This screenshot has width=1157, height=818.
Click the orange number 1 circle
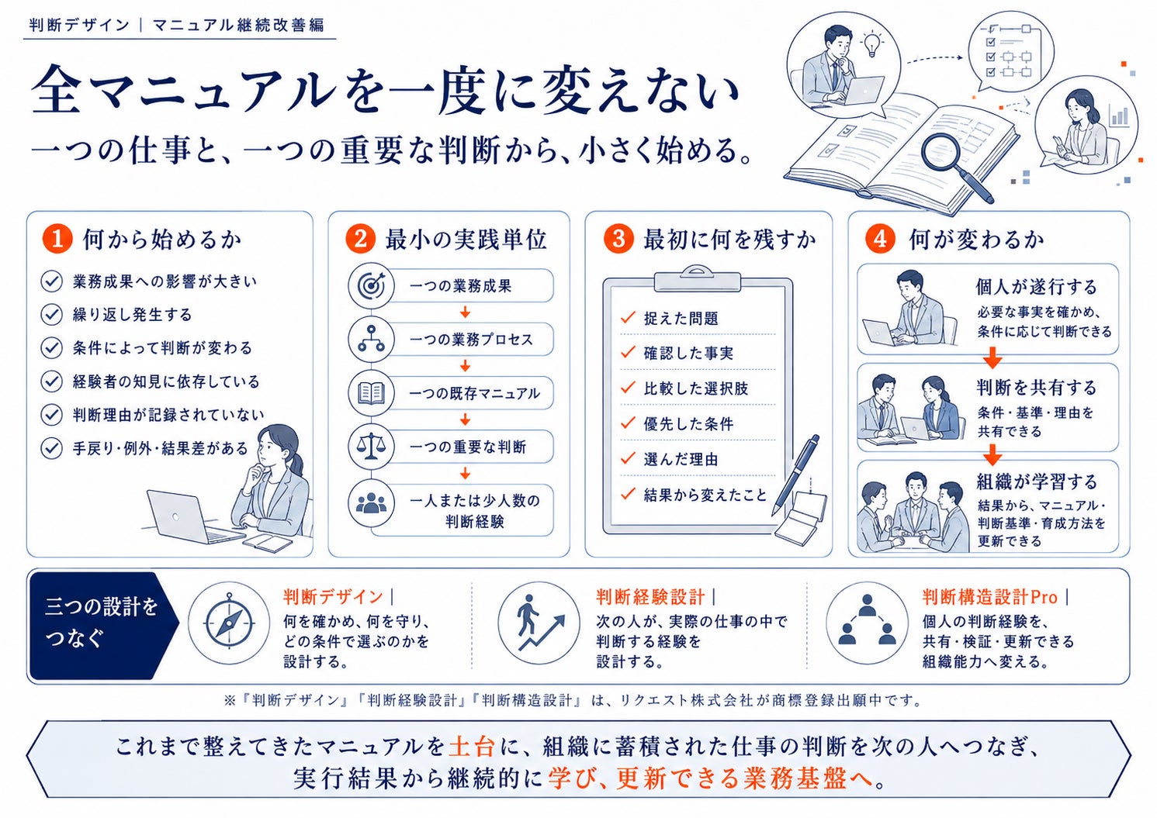[x=57, y=240]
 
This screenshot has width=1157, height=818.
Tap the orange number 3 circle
[x=618, y=240]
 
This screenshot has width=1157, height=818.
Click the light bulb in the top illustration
[x=871, y=45]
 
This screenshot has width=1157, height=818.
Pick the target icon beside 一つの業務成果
[x=372, y=285]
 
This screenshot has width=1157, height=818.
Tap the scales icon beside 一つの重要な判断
[x=372, y=447]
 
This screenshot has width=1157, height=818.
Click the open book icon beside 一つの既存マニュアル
[x=372, y=393]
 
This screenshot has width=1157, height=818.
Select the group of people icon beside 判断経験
[x=372, y=502]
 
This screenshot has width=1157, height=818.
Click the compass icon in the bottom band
[x=229, y=623]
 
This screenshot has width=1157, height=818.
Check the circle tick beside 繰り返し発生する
[x=52, y=314]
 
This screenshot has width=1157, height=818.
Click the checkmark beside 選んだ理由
[x=628, y=457]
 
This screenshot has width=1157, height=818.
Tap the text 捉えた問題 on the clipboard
[x=681, y=319]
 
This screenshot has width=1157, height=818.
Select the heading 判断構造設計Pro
[x=990, y=597]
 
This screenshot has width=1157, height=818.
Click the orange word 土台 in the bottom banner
[x=472, y=746]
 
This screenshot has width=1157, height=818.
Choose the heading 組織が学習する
[x=1037, y=481]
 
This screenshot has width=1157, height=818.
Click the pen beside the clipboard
[x=796, y=475]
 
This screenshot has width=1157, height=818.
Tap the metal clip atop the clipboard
[x=697, y=279]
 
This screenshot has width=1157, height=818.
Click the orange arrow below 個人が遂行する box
[x=992, y=357]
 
